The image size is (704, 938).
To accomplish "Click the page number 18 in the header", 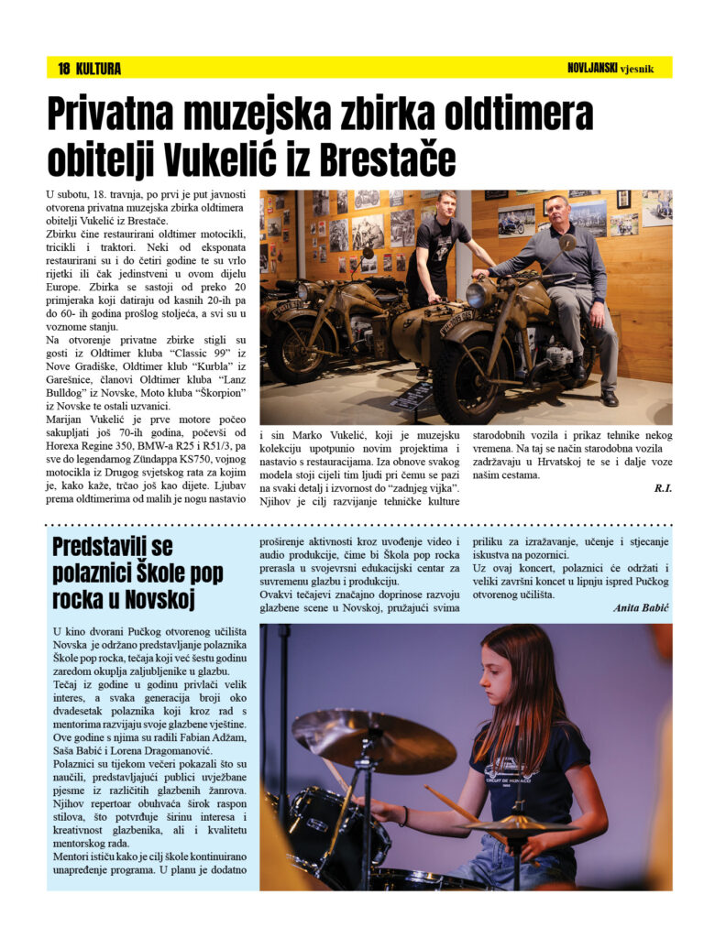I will coord(64,69).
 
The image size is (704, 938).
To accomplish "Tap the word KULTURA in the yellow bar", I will coord(99,69).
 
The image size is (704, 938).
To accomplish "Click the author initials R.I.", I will coord(663,488).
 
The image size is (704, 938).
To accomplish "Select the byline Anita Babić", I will coord(642,606).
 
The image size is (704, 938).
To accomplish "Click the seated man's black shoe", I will coord(609,398).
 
